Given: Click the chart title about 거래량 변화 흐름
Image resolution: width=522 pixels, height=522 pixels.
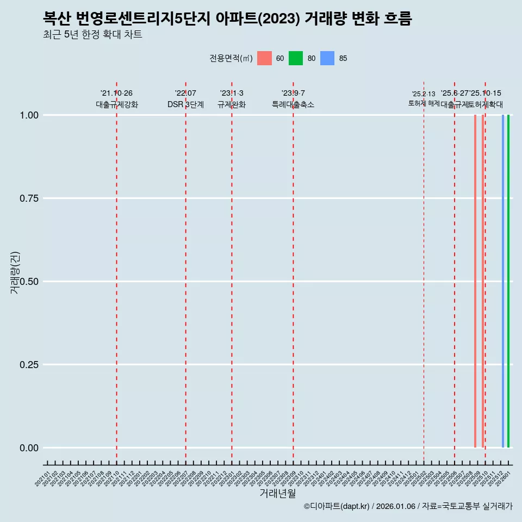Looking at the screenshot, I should click(227, 18).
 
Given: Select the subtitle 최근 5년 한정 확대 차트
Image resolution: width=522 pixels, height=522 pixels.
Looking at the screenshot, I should click(92, 35).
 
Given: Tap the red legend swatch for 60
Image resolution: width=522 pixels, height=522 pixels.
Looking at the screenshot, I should click(264, 58).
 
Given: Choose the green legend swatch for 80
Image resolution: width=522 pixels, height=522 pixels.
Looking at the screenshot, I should click(296, 58).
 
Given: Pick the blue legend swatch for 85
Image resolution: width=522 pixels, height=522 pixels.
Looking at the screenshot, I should click(327, 58).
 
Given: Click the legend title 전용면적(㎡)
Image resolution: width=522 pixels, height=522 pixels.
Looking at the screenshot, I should click(231, 58).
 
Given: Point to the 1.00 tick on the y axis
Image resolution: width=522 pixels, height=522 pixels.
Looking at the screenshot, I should click(29, 115).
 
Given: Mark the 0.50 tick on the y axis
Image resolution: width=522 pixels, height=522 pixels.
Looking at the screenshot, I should click(29, 281).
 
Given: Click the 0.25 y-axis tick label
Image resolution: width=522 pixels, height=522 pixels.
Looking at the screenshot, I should click(29, 364).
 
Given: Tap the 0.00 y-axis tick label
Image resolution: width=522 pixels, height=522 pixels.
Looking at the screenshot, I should click(29, 448).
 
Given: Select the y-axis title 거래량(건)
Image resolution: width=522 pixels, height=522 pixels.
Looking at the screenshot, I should click(15, 273).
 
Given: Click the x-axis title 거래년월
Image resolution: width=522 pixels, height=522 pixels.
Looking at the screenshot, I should click(277, 493).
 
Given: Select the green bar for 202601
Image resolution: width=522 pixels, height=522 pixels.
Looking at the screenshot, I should click(508, 281).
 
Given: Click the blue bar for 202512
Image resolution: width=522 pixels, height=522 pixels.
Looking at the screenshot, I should click(502, 281).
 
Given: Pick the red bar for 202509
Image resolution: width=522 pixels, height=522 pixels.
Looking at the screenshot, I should click(475, 281).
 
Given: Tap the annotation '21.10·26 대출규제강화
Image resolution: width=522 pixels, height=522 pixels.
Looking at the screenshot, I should click(116, 99).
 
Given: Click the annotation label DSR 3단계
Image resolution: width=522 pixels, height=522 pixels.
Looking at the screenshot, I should click(185, 104).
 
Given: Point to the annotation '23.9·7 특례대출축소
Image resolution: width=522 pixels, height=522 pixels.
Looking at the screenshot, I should click(293, 99).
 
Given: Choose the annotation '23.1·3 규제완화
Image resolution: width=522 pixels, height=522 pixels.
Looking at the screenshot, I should click(232, 99).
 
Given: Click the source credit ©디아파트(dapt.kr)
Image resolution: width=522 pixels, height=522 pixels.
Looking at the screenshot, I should click(337, 506).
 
